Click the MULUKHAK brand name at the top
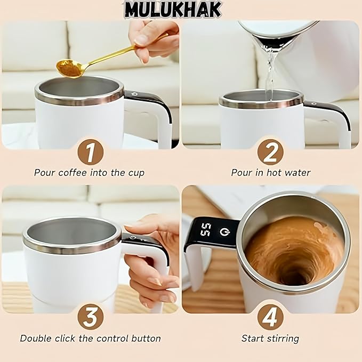pyautogui.click(x=172, y=10)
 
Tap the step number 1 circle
pyautogui.click(x=90, y=154)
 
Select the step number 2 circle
pyautogui.click(x=270, y=154)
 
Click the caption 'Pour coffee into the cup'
pyautogui.click(x=89, y=173)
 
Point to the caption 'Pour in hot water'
pyautogui.click(x=270, y=173)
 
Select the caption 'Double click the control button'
pyautogui.click(x=90, y=338)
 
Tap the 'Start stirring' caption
pyautogui.click(x=270, y=338)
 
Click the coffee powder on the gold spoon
pyautogui.click(x=68, y=68)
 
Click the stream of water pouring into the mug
pyautogui.click(x=269, y=75)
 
